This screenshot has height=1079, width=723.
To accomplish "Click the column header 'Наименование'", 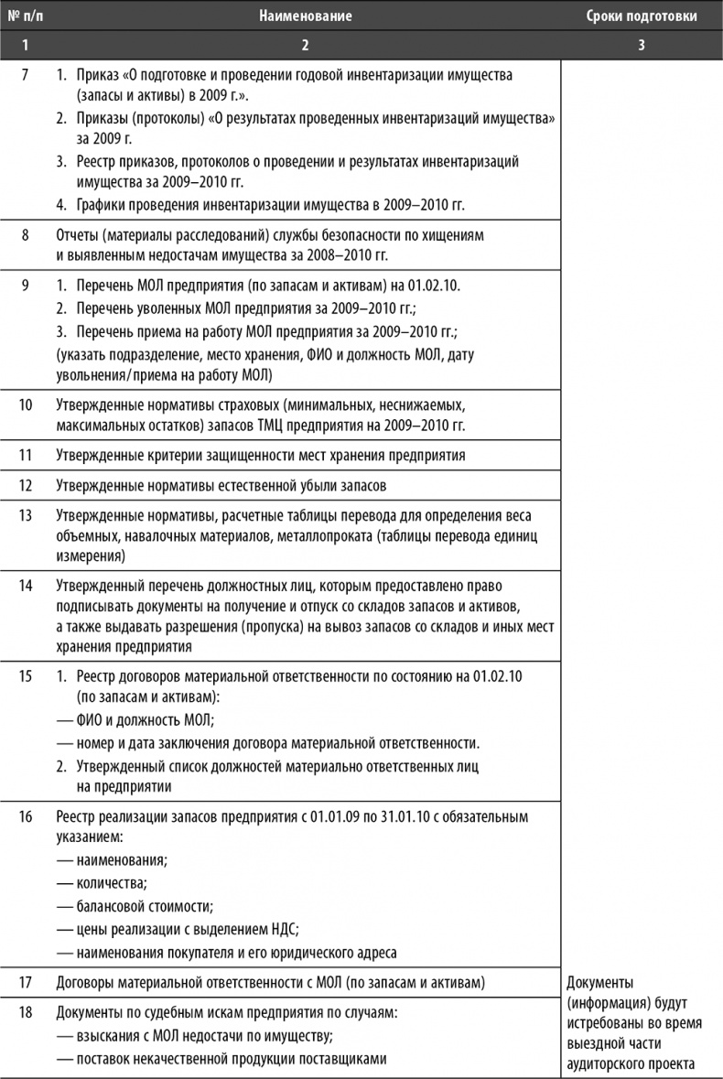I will click(x=305, y=16).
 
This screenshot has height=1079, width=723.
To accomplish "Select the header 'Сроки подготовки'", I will click(x=642, y=16).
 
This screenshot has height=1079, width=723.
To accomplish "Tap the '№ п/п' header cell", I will click(x=25, y=16).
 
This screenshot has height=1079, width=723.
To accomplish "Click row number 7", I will click(x=25, y=72).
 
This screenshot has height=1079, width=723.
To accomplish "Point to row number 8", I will click(x=25, y=235).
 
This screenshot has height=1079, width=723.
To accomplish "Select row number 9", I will click(x=25, y=286).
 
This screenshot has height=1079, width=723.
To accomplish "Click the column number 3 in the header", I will click(x=642, y=44).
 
